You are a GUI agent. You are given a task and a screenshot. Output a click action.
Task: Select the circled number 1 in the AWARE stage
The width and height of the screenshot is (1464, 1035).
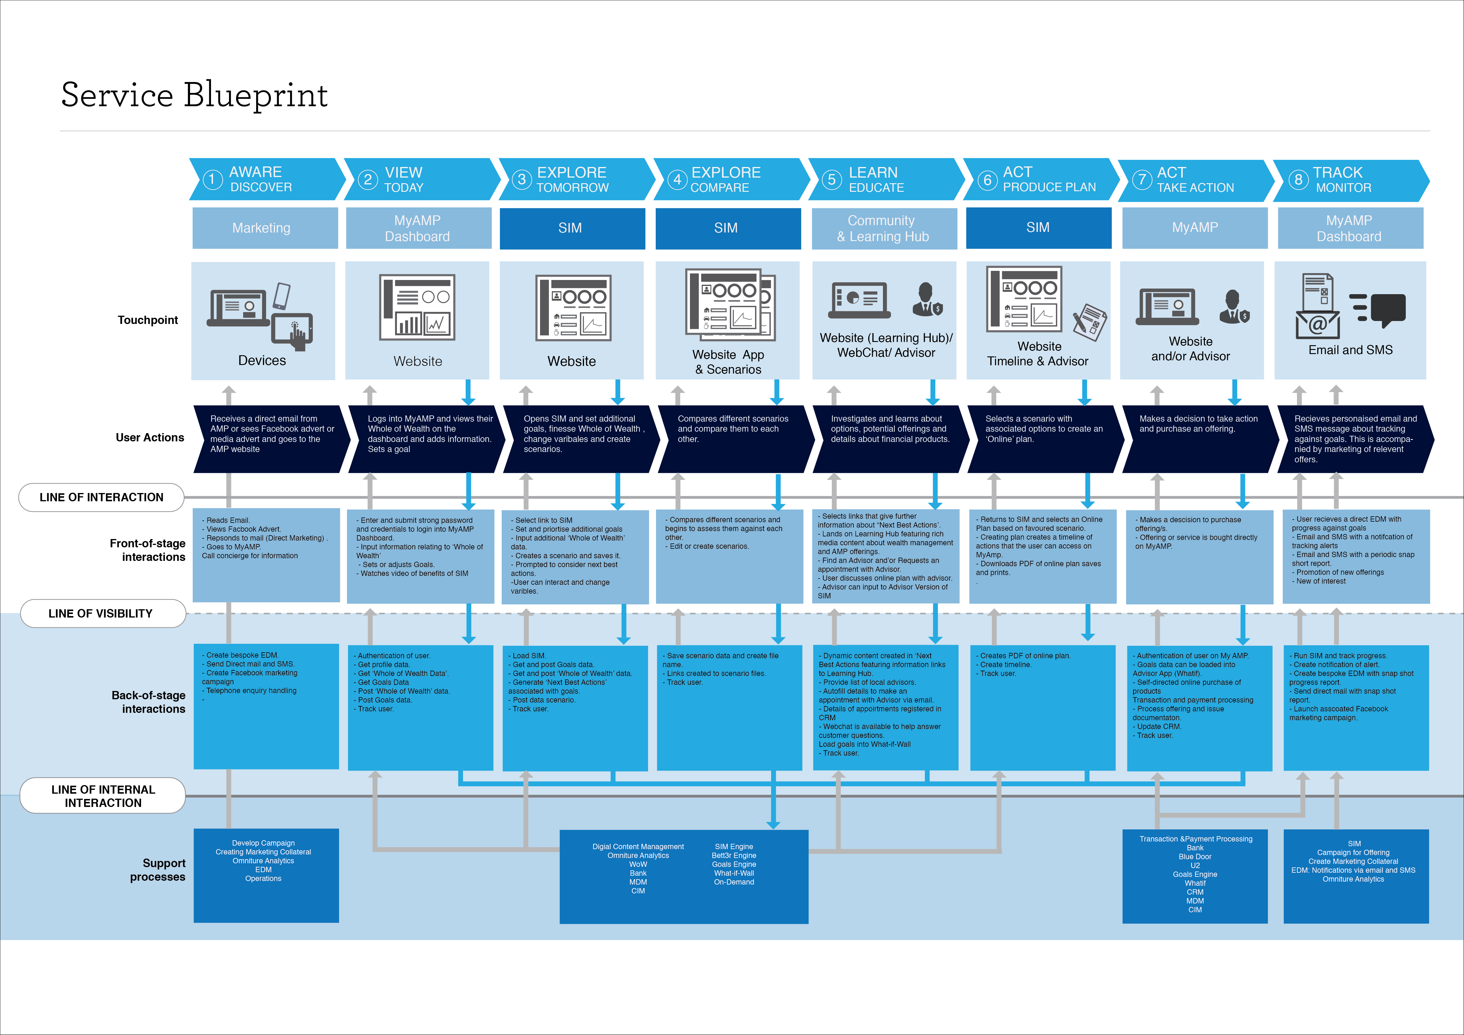pos(212,180)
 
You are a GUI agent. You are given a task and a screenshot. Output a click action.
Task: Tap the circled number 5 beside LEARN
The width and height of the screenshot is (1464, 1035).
pos(832,180)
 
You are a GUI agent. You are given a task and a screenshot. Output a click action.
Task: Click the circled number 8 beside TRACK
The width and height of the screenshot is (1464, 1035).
pos(1298,180)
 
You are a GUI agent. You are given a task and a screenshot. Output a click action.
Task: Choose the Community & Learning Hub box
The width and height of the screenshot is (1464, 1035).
pos(884,228)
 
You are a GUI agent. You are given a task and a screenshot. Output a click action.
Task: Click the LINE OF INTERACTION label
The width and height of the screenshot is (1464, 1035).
pos(102,497)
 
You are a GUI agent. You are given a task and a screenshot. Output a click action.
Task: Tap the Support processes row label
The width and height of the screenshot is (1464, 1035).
pos(158,870)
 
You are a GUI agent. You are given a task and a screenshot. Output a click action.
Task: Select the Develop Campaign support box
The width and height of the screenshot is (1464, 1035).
pos(266,875)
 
